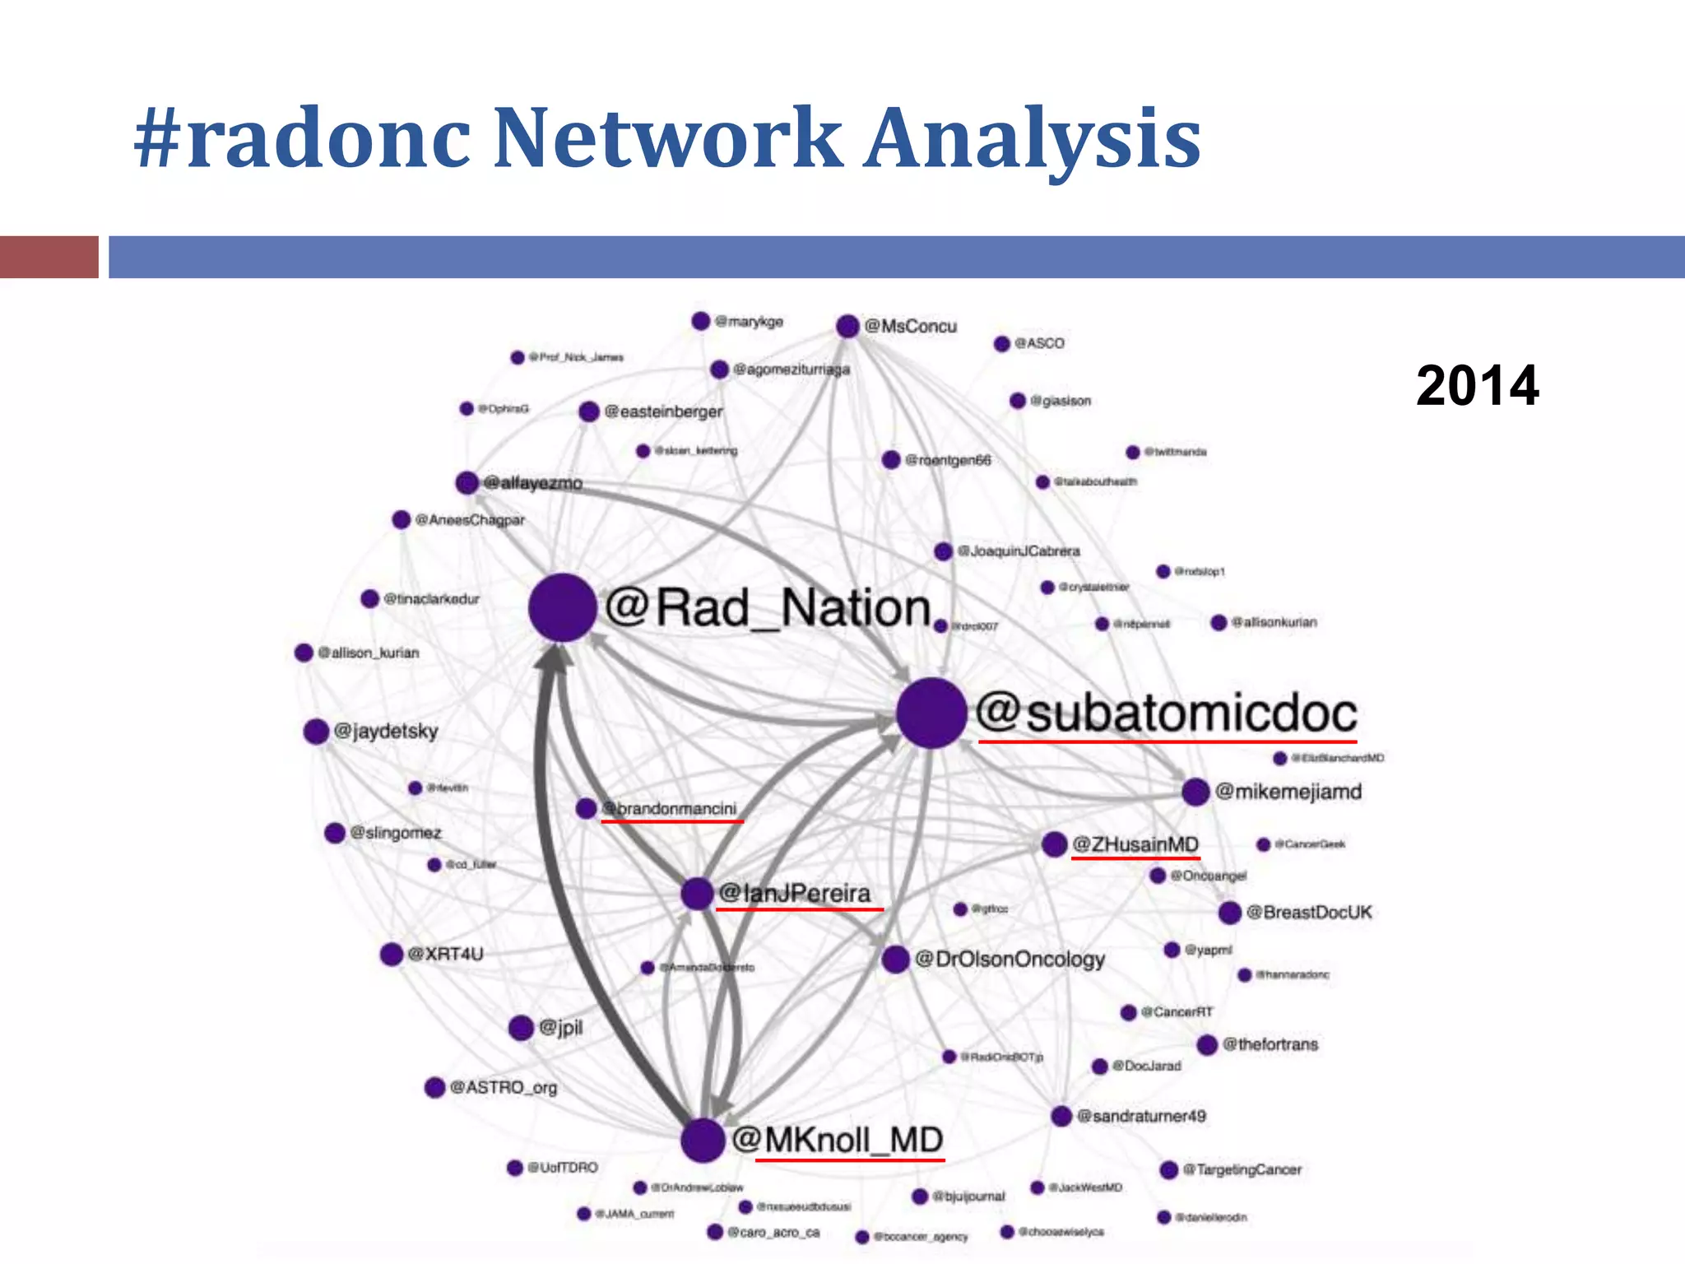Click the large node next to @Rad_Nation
(563, 607)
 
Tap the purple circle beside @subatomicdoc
(931, 713)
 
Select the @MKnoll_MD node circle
(703, 1140)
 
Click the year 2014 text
(1477, 385)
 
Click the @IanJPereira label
(795, 893)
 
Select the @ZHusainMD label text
(1135, 844)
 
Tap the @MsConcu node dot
(847, 326)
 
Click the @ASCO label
(1039, 343)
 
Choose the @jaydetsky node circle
(316, 731)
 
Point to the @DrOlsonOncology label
(1010, 959)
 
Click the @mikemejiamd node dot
(1195, 792)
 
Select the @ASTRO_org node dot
(434, 1087)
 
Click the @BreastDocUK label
(1309, 912)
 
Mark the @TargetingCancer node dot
(1168, 1169)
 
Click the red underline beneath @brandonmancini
(672, 820)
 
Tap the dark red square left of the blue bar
(49, 257)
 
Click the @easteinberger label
(663, 411)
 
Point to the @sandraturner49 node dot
(1061, 1116)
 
